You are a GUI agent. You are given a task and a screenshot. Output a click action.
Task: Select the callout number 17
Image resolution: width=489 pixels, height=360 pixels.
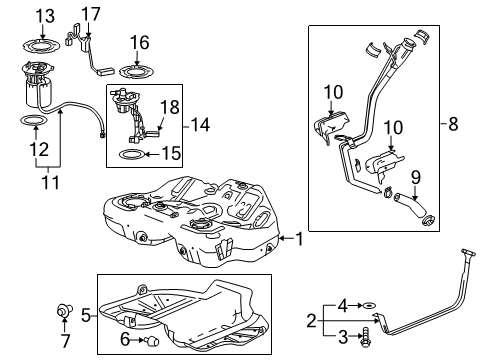click(x=91, y=14)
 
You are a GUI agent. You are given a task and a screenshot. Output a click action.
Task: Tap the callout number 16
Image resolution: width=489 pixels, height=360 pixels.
click(x=138, y=42)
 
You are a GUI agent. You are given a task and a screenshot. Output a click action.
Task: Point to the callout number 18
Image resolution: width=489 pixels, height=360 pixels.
click(x=170, y=105)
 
